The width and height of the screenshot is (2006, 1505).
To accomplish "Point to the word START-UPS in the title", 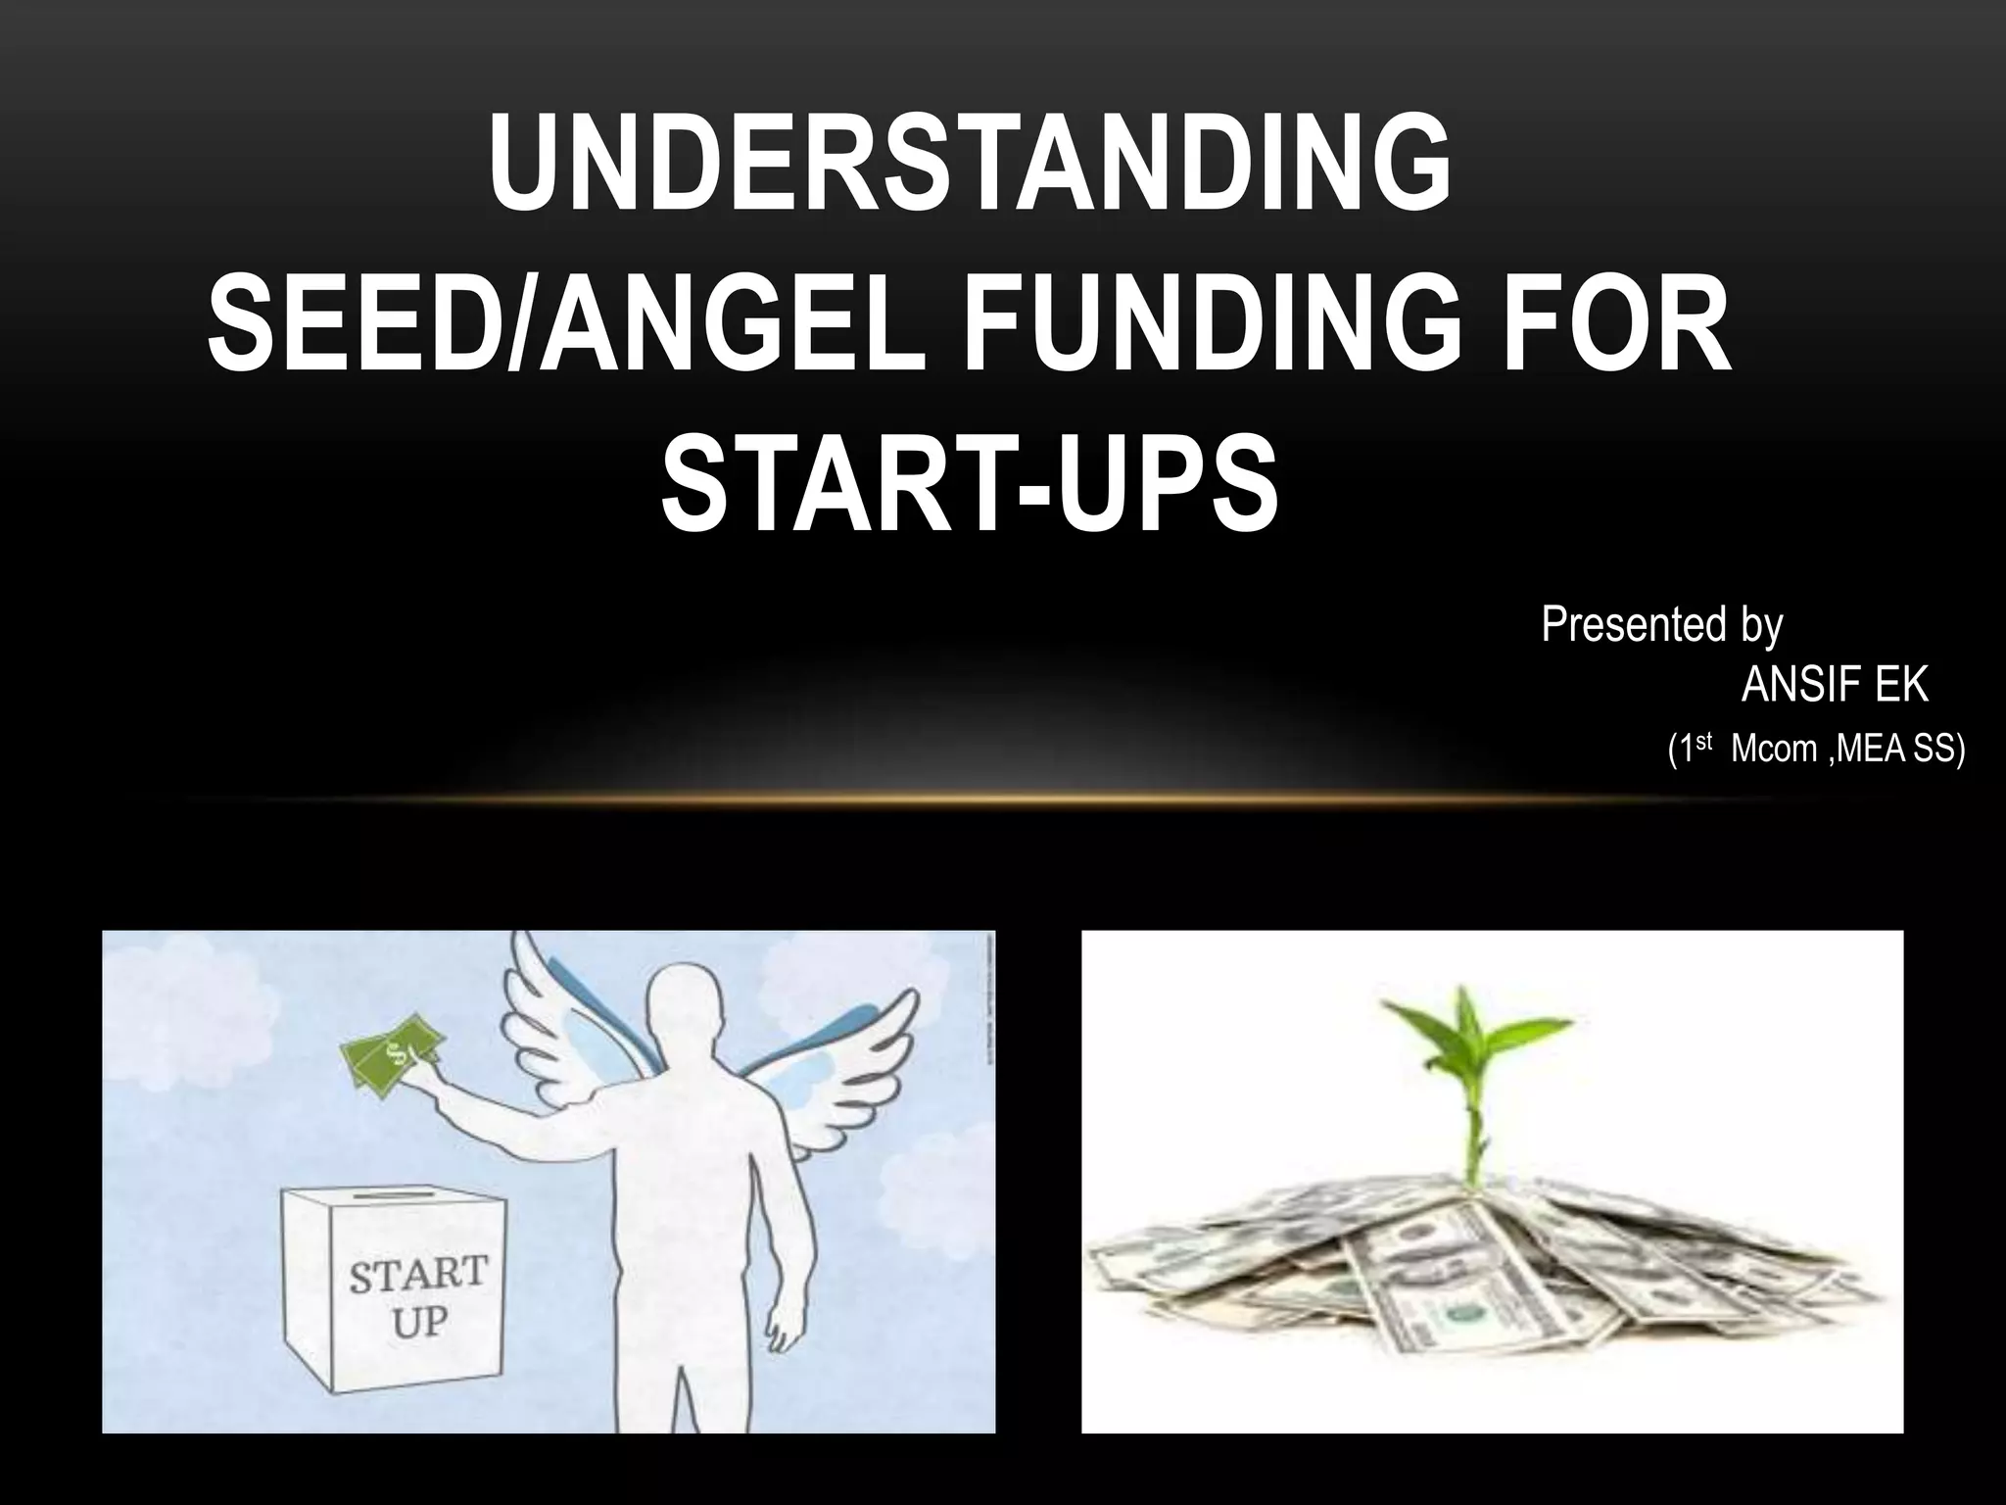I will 970,487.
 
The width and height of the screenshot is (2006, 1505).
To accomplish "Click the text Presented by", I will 1661,624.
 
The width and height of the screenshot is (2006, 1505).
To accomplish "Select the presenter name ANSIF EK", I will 1834,685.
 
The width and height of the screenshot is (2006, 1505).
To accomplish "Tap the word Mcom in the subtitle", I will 1773,750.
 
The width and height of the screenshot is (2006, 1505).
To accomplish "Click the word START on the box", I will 418,1274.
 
